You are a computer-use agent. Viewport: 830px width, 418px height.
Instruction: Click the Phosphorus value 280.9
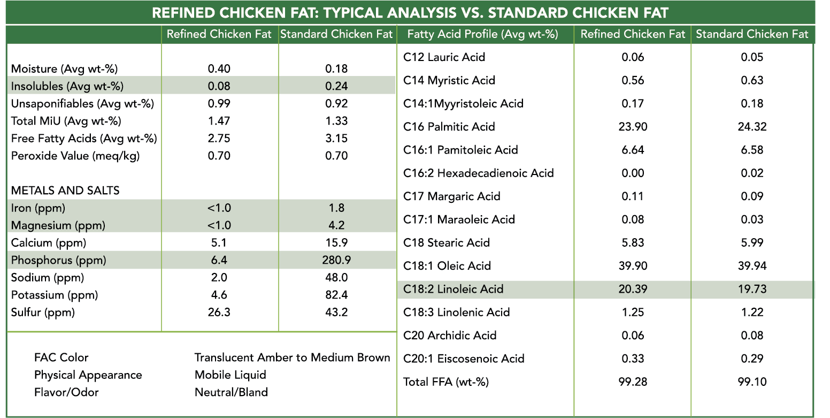336,260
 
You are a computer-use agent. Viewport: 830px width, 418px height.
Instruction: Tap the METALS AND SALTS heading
65,191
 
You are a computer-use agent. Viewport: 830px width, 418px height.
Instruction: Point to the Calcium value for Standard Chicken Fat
336,243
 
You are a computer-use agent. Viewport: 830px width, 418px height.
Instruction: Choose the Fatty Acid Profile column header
482,35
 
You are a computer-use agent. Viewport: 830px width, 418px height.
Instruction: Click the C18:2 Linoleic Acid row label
453,289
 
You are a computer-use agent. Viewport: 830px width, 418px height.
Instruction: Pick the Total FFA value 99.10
752,382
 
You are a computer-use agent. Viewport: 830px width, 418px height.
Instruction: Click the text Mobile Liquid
230,375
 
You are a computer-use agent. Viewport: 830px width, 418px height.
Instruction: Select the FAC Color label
61,358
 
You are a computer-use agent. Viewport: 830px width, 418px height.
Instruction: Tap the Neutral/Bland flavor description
231,392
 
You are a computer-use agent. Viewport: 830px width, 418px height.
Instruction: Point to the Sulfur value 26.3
219,312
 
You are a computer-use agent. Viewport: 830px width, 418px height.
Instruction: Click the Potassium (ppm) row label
55,295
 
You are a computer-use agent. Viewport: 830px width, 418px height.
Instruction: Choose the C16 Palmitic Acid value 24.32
752,127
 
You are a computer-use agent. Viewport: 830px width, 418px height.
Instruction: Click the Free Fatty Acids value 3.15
336,138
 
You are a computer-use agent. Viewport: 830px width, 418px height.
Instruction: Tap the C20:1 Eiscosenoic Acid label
464,359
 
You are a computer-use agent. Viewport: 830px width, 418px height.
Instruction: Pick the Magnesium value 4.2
336,225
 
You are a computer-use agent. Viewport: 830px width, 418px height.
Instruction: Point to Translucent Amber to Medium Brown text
292,358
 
